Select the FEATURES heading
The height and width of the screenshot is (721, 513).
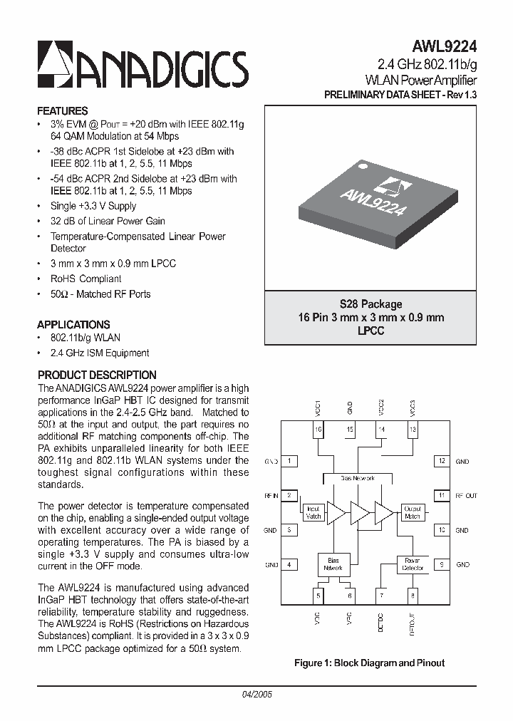pos(62,111)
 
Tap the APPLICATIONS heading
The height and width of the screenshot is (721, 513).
pos(73,324)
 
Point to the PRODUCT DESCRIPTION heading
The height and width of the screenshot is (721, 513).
pos(97,375)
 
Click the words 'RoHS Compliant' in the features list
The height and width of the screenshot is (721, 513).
pos(86,279)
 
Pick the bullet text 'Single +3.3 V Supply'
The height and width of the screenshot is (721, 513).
pos(93,206)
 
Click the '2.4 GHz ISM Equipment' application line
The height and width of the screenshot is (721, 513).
pos(100,353)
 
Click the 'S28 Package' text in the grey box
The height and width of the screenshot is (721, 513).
pos(370,304)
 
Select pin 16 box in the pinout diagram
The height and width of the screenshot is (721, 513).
pos(318,430)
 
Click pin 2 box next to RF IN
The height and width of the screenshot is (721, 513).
pos(289,495)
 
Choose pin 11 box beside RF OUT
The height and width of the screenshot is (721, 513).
pos(442,495)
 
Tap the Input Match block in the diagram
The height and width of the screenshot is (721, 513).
pos(313,512)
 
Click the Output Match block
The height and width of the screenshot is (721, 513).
pos(413,512)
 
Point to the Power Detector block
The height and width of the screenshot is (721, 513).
pos(413,564)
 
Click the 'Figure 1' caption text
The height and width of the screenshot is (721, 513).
pos(369,663)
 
